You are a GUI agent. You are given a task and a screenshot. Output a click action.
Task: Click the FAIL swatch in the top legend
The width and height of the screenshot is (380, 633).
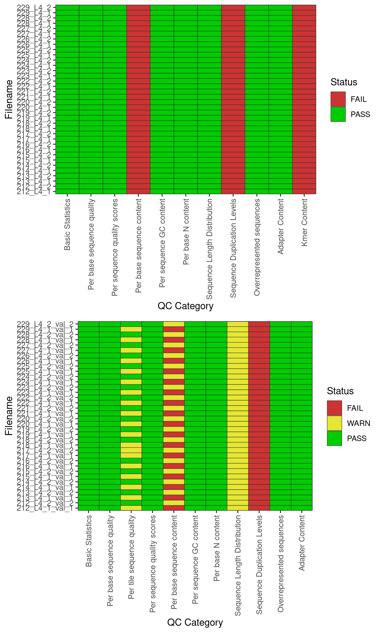click(338, 99)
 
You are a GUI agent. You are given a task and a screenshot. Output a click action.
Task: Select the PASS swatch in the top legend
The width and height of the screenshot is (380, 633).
click(338, 114)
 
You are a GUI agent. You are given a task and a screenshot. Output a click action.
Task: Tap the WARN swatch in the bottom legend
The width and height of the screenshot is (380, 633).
click(334, 423)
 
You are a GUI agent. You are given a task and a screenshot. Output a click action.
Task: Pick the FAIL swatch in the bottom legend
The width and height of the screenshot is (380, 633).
click(334, 408)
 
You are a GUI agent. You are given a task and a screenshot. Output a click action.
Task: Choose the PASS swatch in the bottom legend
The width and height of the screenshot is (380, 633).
click(334, 438)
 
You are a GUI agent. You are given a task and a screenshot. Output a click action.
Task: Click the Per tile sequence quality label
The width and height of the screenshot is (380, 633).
click(131, 557)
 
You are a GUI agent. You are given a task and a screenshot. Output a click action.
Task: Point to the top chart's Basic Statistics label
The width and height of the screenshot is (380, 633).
click(67, 225)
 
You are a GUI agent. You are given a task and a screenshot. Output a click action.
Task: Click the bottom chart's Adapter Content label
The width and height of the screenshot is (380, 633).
click(302, 543)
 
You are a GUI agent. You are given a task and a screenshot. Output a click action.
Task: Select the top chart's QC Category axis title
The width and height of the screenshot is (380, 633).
click(185, 306)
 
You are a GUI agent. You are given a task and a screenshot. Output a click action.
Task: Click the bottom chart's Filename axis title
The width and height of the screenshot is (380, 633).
click(9, 416)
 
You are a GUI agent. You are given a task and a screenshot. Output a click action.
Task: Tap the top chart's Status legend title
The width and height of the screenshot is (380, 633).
click(344, 82)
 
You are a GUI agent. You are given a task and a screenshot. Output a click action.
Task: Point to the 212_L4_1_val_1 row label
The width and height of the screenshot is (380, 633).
click(45, 508)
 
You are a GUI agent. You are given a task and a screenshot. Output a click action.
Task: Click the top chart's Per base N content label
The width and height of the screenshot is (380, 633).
click(186, 232)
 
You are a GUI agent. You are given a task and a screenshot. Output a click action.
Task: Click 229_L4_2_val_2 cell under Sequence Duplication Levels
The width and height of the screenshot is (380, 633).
click(259, 324)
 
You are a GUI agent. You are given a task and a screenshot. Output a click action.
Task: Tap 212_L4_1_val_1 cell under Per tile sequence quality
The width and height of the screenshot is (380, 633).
click(131, 508)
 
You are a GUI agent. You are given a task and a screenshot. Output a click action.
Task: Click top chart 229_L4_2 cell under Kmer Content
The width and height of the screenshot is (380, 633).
click(304, 8)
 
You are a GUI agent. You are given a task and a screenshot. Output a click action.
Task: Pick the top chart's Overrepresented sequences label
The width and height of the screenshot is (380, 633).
click(257, 247)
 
